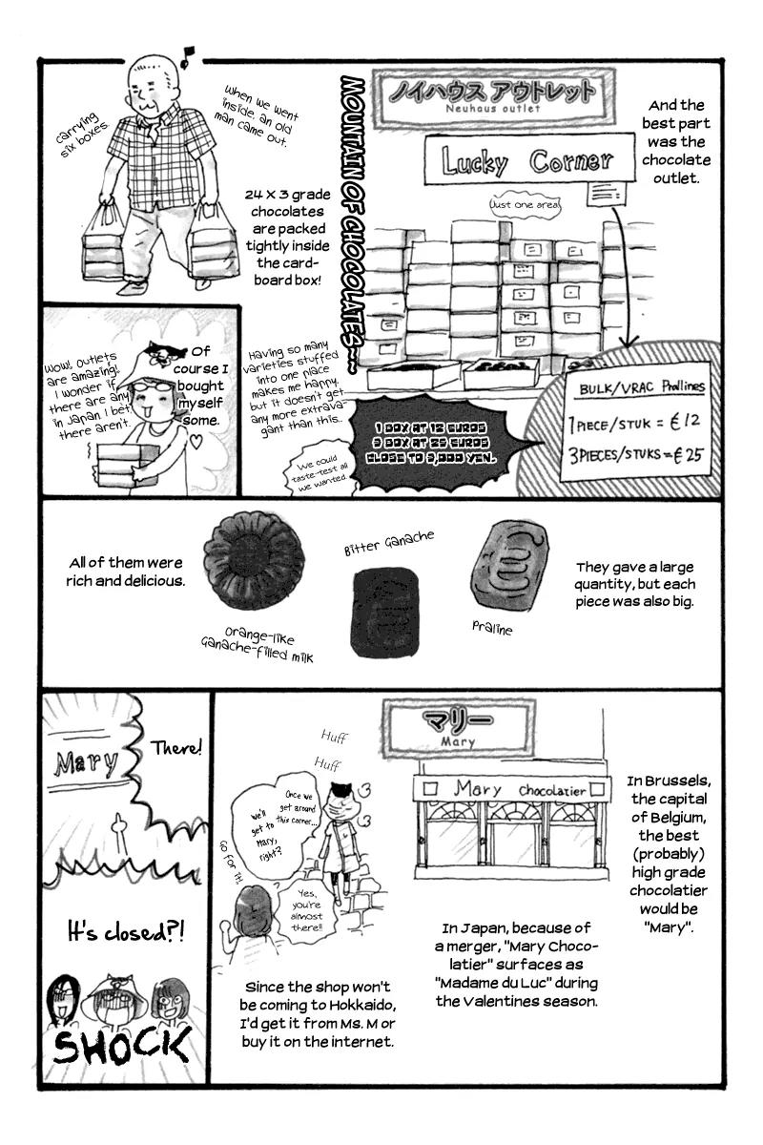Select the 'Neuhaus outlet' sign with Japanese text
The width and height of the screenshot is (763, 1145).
coord(492,95)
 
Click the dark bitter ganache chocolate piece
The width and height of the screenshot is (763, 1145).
coord(385,611)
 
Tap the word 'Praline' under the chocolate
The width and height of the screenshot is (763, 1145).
coord(492,629)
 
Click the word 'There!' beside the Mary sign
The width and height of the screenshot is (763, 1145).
coord(176,748)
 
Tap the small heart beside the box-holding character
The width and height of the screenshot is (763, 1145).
coord(196,441)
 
